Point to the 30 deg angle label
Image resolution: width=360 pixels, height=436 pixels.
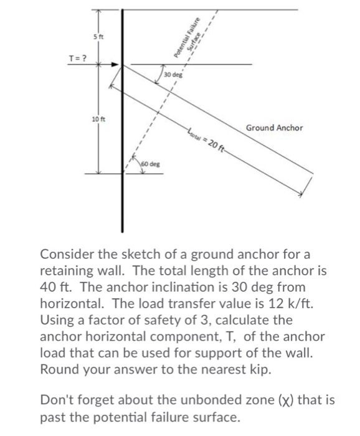coord(173,75)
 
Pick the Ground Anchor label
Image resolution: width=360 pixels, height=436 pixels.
coord(274,128)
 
